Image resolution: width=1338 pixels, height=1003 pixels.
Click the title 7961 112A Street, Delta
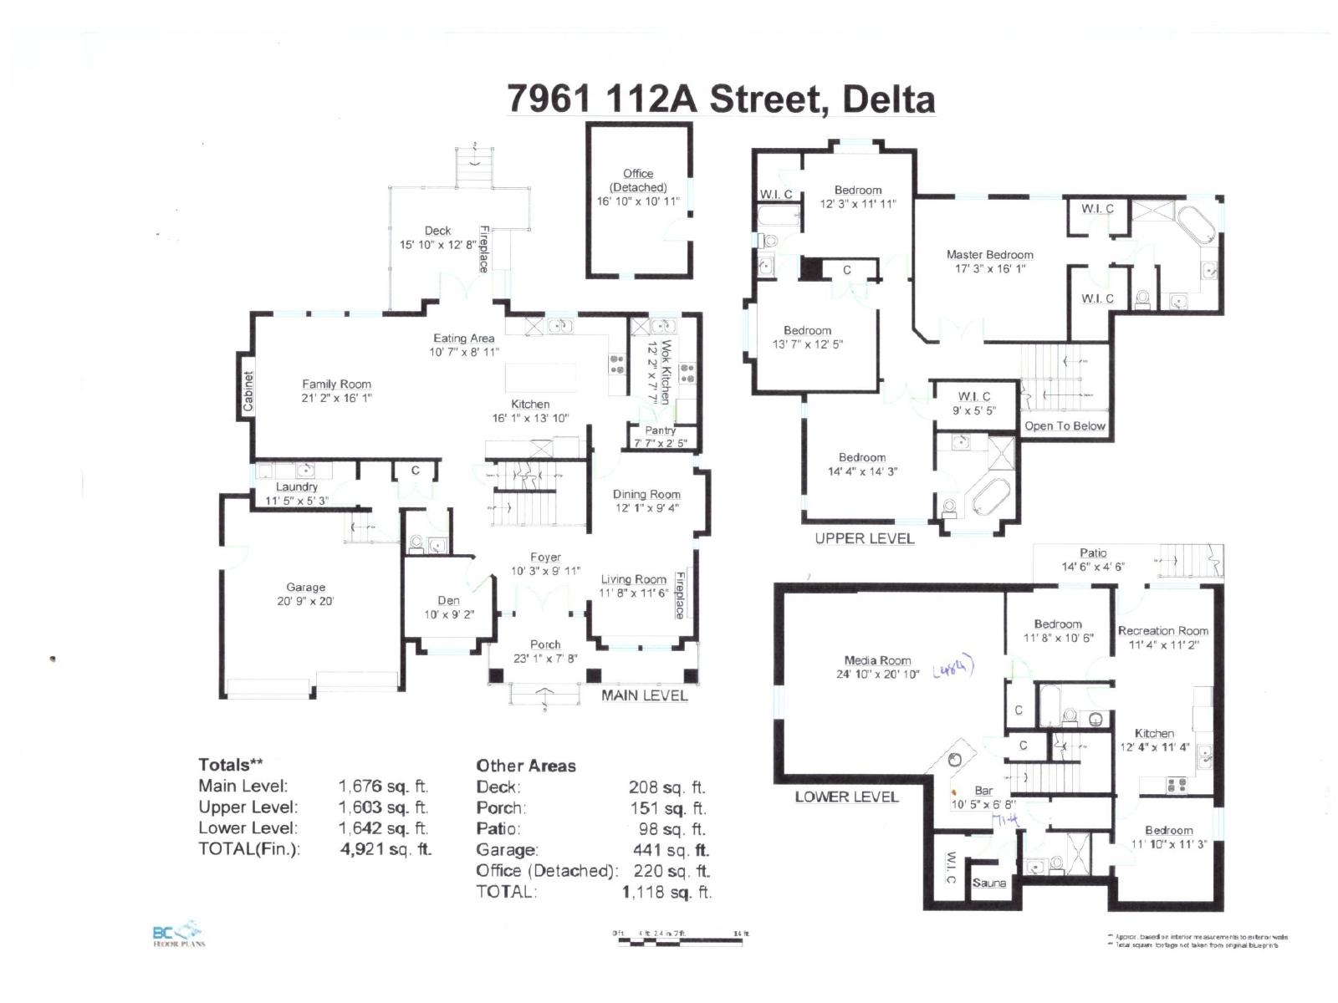tap(721, 99)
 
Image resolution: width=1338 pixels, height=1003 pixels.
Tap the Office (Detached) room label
tap(638, 181)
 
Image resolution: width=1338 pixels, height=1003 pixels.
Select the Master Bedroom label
tap(989, 255)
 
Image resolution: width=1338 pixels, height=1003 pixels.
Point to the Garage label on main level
tap(305, 588)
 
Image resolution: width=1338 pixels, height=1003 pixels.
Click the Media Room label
tap(877, 660)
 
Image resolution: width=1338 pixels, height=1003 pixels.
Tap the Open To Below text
tap(1065, 426)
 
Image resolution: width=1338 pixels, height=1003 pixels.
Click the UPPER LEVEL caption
tap(864, 539)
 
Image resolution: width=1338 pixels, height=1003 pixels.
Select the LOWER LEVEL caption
tap(846, 797)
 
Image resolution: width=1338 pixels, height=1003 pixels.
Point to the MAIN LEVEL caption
tap(644, 695)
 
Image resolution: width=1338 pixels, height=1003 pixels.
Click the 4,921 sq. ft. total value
tap(386, 849)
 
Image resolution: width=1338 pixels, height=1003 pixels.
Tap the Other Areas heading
tap(526, 766)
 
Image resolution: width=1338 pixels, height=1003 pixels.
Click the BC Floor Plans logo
tap(178, 934)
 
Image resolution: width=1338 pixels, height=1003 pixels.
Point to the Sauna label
tap(989, 883)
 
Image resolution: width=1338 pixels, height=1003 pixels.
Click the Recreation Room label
tap(1162, 631)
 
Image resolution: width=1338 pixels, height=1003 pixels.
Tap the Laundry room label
tap(297, 486)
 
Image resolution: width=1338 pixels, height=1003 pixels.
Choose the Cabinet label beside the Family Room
tap(248, 391)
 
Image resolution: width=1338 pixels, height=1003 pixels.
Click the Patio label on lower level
tap(1092, 552)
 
